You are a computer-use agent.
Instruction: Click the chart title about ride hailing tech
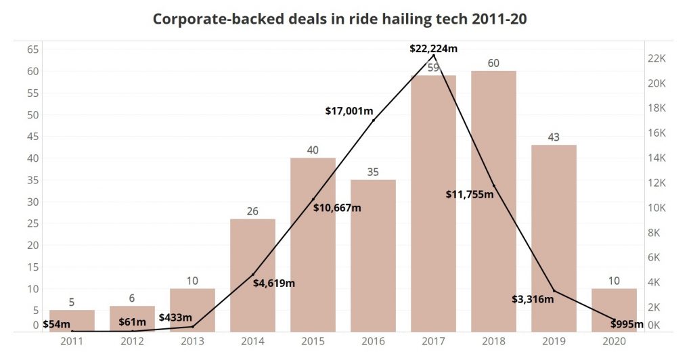(340, 19)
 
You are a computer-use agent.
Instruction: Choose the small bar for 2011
(72, 321)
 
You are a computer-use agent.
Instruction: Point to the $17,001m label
(349, 110)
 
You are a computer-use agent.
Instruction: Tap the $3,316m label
(533, 298)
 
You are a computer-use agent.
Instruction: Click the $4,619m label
(274, 283)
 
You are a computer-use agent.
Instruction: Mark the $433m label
(176, 317)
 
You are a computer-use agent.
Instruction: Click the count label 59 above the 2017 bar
(433, 68)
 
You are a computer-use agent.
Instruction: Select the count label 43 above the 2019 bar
(554, 137)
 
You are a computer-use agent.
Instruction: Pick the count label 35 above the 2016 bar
(373, 172)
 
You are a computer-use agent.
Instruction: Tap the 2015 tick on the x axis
(313, 341)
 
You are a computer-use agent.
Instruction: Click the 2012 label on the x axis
(132, 341)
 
